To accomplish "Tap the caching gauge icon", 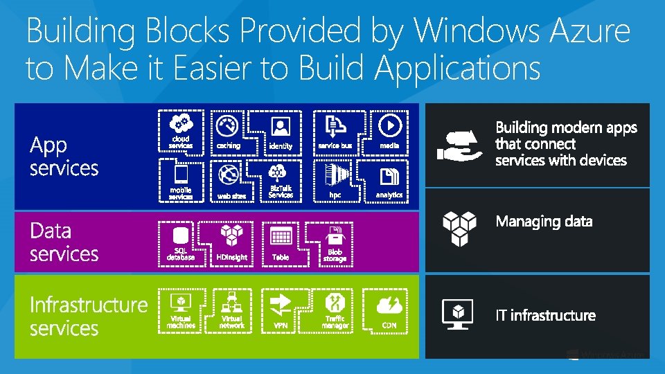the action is point(227,126).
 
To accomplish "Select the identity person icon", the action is point(281,126).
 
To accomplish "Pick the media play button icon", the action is point(390,125).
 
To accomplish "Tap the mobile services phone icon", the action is point(181,172).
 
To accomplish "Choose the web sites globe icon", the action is point(228,174).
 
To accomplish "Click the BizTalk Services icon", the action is point(281,172).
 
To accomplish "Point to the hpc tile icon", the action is point(335,174).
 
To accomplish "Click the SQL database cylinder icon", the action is point(181,235).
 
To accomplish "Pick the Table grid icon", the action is point(281,236).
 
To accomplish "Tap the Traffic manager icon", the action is point(335,303).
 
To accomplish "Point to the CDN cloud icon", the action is point(389,305).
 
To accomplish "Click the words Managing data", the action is point(544,222).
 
